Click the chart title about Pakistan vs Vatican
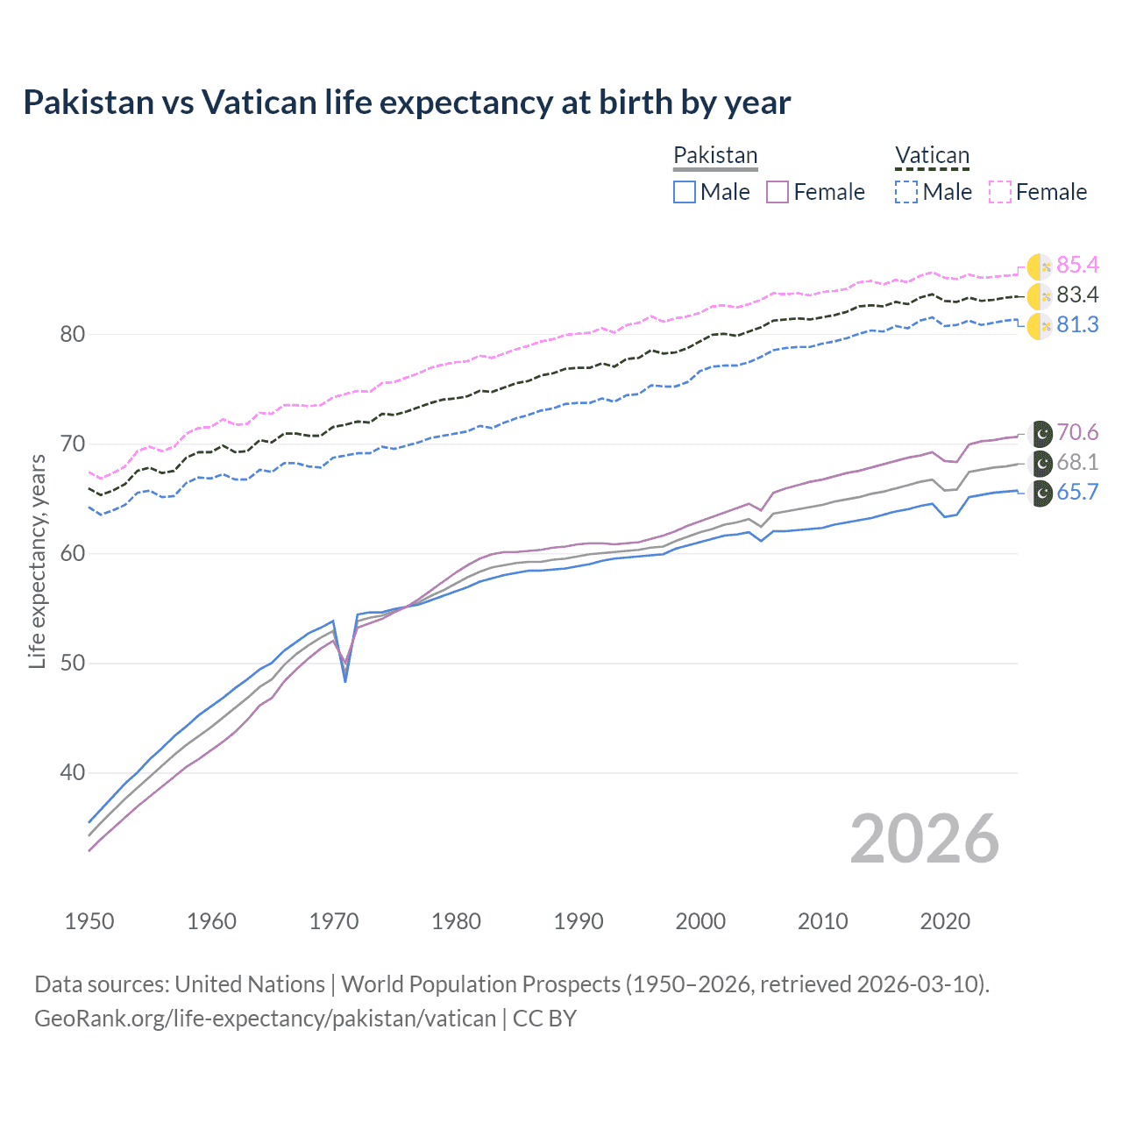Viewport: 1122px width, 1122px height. [x=407, y=103]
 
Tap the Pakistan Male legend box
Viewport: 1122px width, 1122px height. [x=685, y=192]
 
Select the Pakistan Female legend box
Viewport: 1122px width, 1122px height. [x=778, y=192]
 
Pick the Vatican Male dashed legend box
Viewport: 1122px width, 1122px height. [x=906, y=192]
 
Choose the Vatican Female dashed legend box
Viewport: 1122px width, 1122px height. [x=1000, y=192]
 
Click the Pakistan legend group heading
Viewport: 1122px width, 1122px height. [x=715, y=155]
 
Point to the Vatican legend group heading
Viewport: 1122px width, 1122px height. [x=932, y=155]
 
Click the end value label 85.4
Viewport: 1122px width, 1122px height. [x=1077, y=265]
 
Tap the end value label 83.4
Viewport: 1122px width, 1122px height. [x=1077, y=295]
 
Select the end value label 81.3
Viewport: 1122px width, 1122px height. [x=1077, y=324]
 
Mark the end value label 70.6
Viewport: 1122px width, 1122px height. [x=1077, y=432]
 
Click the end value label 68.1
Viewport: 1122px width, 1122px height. [x=1077, y=462]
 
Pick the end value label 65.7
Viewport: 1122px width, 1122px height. [x=1077, y=492]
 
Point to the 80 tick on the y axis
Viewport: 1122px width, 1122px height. [x=73, y=334]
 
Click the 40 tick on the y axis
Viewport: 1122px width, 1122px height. [x=73, y=772]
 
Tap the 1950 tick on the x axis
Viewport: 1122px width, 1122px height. [x=89, y=921]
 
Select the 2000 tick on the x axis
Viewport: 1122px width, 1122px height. [x=700, y=921]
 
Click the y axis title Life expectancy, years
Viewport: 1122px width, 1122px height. [x=38, y=561]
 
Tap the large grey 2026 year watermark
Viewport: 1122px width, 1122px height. [x=924, y=839]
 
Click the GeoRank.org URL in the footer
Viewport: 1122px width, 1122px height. [x=265, y=1019]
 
